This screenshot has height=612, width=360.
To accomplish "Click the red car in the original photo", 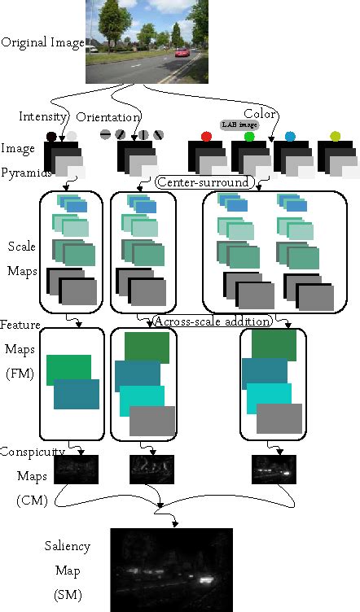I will (182, 53).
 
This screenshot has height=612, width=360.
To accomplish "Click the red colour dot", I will (206, 136).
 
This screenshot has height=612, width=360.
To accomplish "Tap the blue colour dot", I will (291, 136).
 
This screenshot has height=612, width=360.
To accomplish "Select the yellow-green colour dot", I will (334, 136).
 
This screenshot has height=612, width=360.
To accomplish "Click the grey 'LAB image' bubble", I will (239, 125).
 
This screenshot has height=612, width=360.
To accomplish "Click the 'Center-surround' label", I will (203, 181).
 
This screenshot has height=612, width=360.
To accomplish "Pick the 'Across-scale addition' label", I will (211, 321).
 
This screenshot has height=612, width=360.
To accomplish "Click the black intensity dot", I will (52, 137).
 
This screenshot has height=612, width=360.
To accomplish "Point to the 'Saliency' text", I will (68, 546).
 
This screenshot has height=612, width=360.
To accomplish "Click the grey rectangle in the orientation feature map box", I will (152, 421).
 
